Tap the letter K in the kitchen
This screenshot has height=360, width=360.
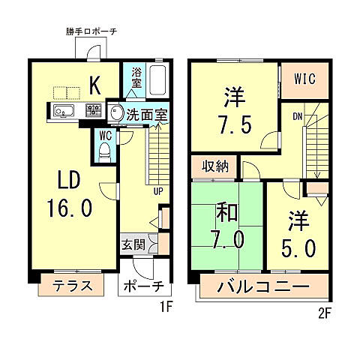click(95, 85)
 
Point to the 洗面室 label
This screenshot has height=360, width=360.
click(146, 115)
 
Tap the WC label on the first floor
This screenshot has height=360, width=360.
click(104, 136)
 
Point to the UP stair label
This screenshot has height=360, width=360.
click(159, 191)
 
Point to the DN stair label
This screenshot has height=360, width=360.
click(298, 116)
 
